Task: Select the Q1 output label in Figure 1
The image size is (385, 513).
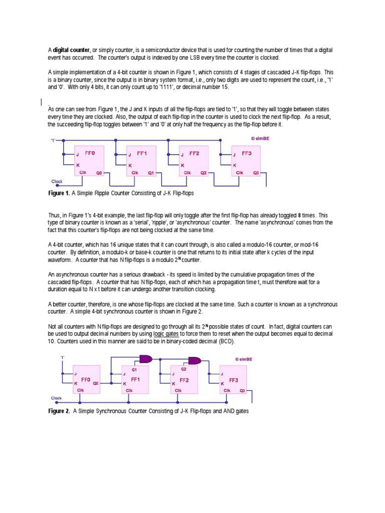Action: tap(151, 172)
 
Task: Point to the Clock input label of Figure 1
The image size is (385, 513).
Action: tap(56, 181)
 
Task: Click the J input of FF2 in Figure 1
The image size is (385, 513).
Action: tap(182, 155)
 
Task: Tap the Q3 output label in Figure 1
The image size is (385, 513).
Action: tap(256, 172)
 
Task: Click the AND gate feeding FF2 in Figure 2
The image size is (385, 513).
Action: tap(146, 359)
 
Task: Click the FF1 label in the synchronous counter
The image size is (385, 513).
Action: tap(135, 379)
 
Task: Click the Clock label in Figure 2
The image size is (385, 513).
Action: tap(57, 398)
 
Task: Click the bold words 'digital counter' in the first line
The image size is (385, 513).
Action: tap(71, 51)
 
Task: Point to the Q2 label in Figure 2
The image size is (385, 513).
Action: tap(183, 369)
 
